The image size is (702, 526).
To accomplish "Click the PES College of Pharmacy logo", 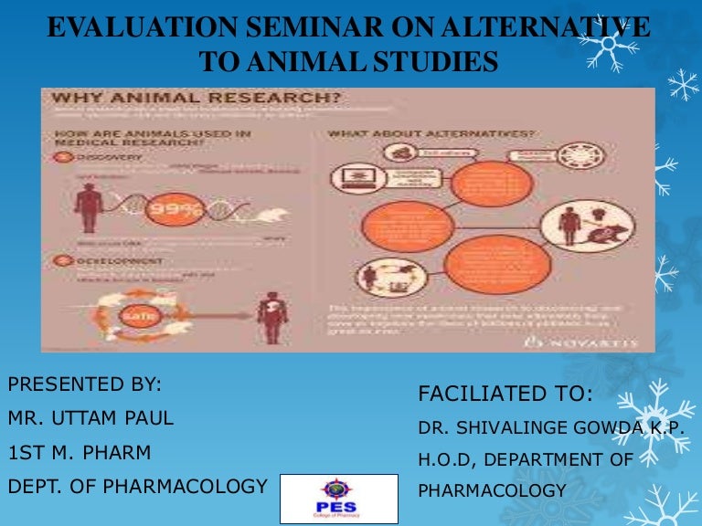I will pyautogui.click(x=337, y=499).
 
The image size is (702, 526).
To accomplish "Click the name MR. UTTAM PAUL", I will pyautogui.click(x=90, y=419).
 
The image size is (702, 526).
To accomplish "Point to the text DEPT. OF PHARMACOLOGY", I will pyautogui.click(x=137, y=486).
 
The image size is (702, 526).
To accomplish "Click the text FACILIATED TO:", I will pyautogui.click(x=505, y=394).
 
